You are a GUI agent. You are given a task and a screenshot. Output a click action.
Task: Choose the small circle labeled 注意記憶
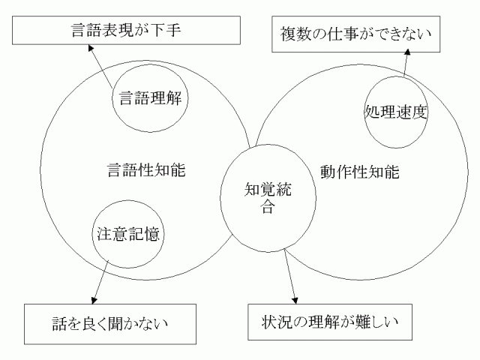coord(128,233)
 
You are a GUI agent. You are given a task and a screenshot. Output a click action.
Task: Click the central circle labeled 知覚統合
coord(267,196)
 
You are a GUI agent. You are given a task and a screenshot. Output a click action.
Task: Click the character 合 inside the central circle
coord(267,208)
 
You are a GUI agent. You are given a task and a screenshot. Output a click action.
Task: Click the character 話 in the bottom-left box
coord(61,323)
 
